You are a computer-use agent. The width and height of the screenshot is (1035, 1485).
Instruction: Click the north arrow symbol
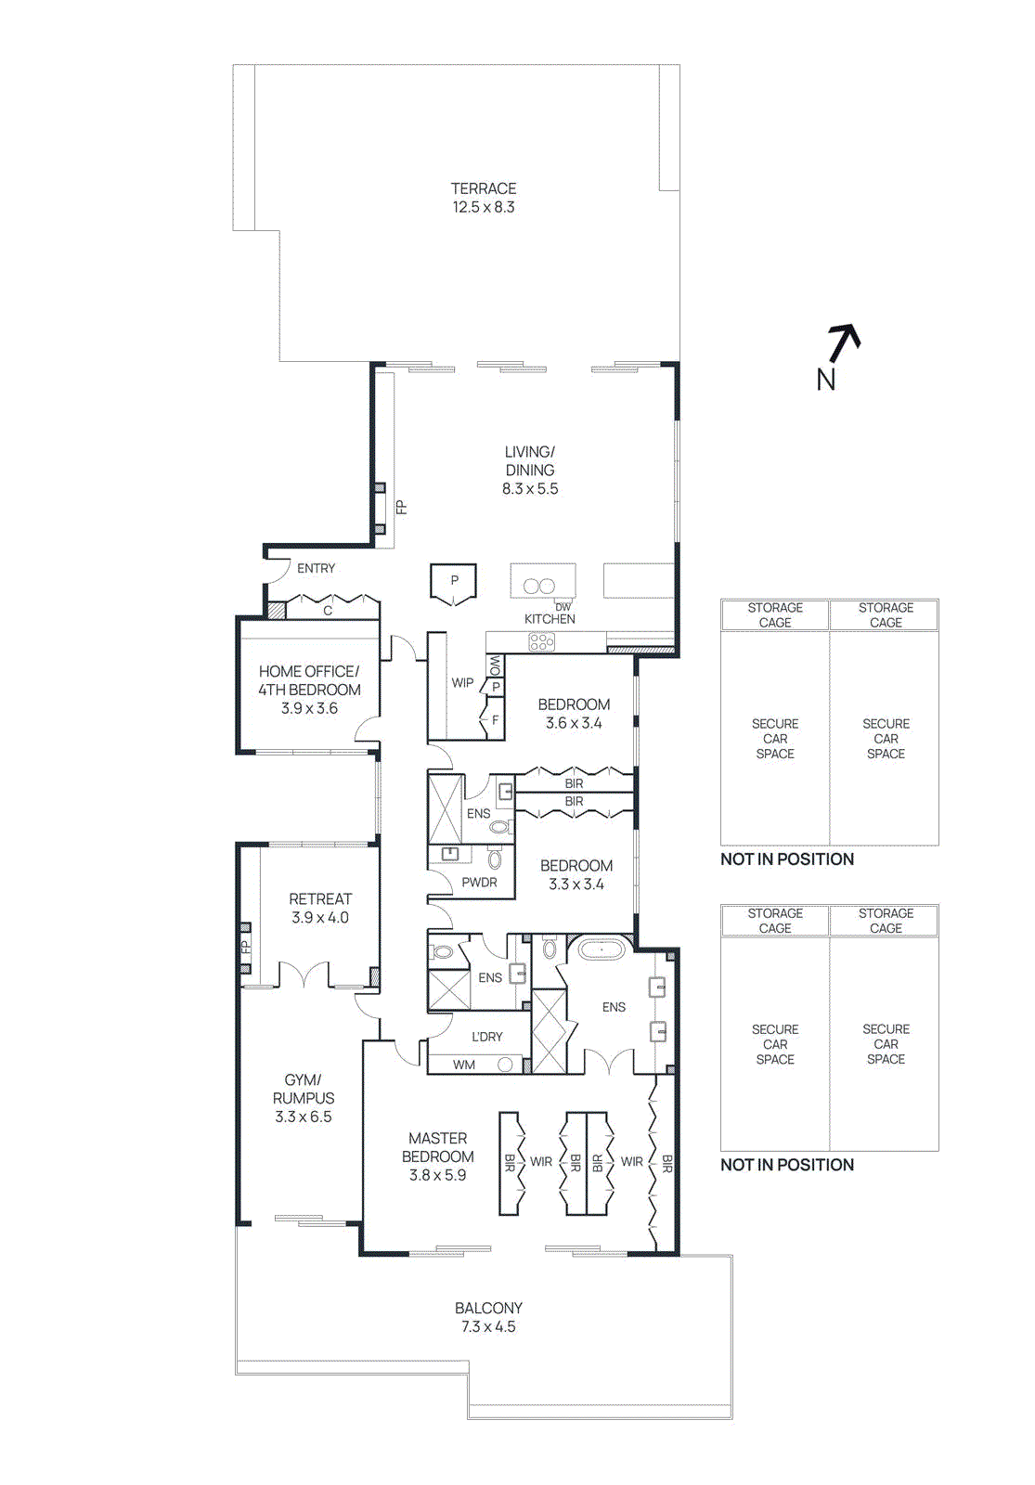(x=842, y=344)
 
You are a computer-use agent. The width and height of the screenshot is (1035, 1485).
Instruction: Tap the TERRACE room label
(x=484, y=188)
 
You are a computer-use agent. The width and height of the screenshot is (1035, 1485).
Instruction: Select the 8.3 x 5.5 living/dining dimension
(x=530, y=489)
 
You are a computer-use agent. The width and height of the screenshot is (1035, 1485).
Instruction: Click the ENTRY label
(x=316, y=568)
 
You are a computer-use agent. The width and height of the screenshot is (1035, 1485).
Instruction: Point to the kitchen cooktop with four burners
(x=541, y=641)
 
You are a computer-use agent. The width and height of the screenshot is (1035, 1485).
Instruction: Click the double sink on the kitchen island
(x=539, y=586)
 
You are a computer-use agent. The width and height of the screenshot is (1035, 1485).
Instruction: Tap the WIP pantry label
(x=462, y=682)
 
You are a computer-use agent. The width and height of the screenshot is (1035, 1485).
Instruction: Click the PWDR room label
(x=479, y=883)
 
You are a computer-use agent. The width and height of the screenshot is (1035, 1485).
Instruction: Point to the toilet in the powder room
(x=495, y=859)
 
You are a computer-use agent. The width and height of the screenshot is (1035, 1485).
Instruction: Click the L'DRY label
(x=486, y=1037)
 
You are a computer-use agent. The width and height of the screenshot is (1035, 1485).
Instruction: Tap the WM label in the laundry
(x=464, y=1065)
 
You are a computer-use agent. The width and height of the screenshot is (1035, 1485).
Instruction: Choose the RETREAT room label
(x=320, y=898)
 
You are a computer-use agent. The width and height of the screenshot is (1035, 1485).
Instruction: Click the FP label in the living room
(x=401, y=507)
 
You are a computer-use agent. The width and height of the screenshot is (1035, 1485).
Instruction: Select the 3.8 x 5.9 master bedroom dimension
(x=437, y=1175)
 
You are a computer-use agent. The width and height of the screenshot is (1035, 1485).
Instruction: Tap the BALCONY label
(x=488, y=1308)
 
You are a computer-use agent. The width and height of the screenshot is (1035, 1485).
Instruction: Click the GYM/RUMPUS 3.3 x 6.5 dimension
(x=303, y=1117)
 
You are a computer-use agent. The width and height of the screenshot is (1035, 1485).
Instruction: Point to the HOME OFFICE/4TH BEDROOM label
(x=309, y=680)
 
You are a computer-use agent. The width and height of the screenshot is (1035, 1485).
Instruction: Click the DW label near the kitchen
(x=563, y=607)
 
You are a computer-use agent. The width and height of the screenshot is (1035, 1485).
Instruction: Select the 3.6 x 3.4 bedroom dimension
(x=574, y=723)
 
